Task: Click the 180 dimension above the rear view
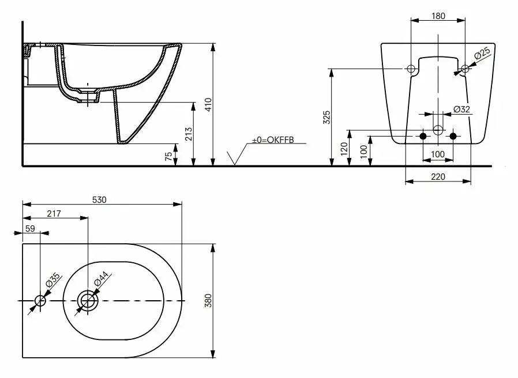point(438,16)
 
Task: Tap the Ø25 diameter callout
point(482,54)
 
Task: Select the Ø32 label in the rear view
point(461,109)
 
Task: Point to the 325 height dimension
point(326,117)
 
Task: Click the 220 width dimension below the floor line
point(438,177)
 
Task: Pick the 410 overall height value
point(208,105)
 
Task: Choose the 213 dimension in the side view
point(189,134)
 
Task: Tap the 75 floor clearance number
point(168,156)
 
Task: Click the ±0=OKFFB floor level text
point(273,140)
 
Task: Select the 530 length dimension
point(99,200)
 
